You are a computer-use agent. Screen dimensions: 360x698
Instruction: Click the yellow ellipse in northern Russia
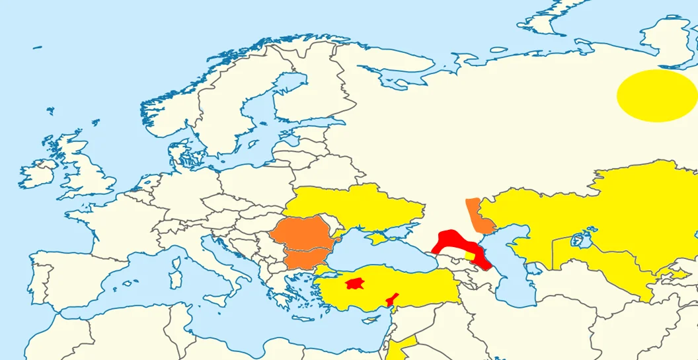[x=656, y=96]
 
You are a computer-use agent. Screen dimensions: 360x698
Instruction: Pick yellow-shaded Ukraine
[x=357, y=205]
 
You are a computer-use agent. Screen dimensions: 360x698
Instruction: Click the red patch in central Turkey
[x=356, y=283]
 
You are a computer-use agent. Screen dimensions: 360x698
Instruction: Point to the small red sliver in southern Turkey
[x=393, y=299]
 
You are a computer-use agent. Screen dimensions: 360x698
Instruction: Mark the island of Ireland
[x=38, y=173]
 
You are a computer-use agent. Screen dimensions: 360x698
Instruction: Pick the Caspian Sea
[x=519, y=277]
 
